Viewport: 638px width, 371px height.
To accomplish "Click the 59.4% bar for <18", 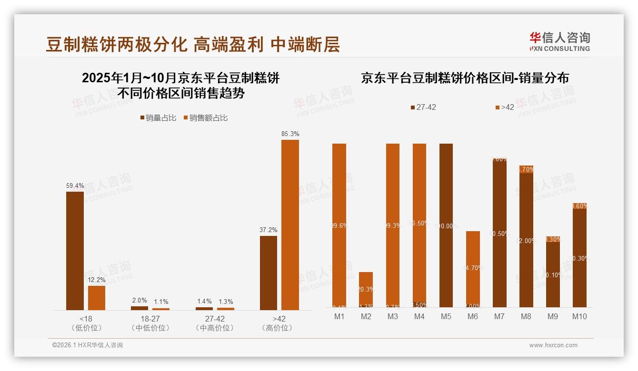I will pos(75,251).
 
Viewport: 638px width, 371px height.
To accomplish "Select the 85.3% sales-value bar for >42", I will pos(290,225).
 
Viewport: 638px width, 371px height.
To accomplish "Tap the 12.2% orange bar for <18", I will pos(97,298).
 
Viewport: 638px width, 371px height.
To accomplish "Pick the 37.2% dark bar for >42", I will pos(269,273).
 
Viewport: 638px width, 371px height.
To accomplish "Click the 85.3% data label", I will pos(290,134).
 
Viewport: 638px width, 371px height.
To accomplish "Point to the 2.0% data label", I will pos(140,301).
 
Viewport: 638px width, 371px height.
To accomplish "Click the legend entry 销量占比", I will pos(158,118).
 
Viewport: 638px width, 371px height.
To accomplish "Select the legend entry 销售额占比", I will pos(205,118).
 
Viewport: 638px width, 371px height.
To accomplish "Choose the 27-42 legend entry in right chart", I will pos(423,107).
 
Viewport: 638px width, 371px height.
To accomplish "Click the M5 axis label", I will pos(446,316).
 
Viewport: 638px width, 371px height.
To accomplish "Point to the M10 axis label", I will pos(579,316).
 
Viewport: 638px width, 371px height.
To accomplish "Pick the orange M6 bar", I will pos(473,269).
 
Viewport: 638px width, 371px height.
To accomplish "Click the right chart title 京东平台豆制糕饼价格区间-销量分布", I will pos(465,78).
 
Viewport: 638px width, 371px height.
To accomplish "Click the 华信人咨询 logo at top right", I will pos(559,41).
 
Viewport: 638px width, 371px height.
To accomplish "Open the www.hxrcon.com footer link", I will pos(553,345).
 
